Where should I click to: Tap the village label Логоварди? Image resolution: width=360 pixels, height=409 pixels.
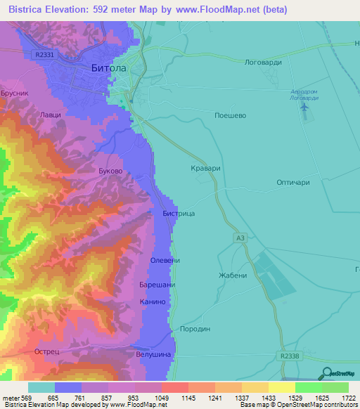pos(262,62)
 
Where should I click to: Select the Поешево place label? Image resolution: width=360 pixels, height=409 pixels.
pos(230,115)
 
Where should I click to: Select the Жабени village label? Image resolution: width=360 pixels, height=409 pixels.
pos(233,275)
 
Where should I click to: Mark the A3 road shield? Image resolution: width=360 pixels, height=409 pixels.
pos(240,239)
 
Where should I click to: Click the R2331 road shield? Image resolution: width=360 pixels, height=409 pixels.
pos(43,54)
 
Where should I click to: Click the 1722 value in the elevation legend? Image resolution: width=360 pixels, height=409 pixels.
pos(348,398)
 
